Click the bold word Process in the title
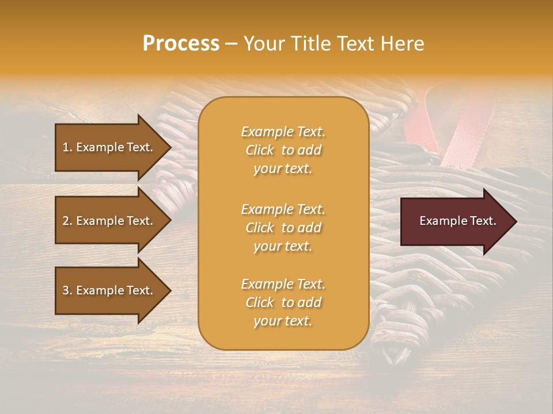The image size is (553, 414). (181, 44)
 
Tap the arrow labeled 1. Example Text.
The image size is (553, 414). (109, 147)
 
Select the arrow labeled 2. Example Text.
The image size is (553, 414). (109, 221)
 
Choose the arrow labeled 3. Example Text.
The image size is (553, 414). (109, 291)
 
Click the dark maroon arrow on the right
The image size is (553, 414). (455, 221)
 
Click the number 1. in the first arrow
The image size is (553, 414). (67, 147)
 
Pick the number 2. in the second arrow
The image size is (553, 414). (67, 221)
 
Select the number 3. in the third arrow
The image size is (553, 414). (67, 291)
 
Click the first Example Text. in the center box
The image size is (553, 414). (283, 132)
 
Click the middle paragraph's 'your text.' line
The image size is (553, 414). (283, 246)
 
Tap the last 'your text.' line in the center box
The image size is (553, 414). (283, 321)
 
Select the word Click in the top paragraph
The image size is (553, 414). (260, 150)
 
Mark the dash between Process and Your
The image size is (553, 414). (232, 44)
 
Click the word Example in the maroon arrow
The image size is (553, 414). (441, 221)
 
